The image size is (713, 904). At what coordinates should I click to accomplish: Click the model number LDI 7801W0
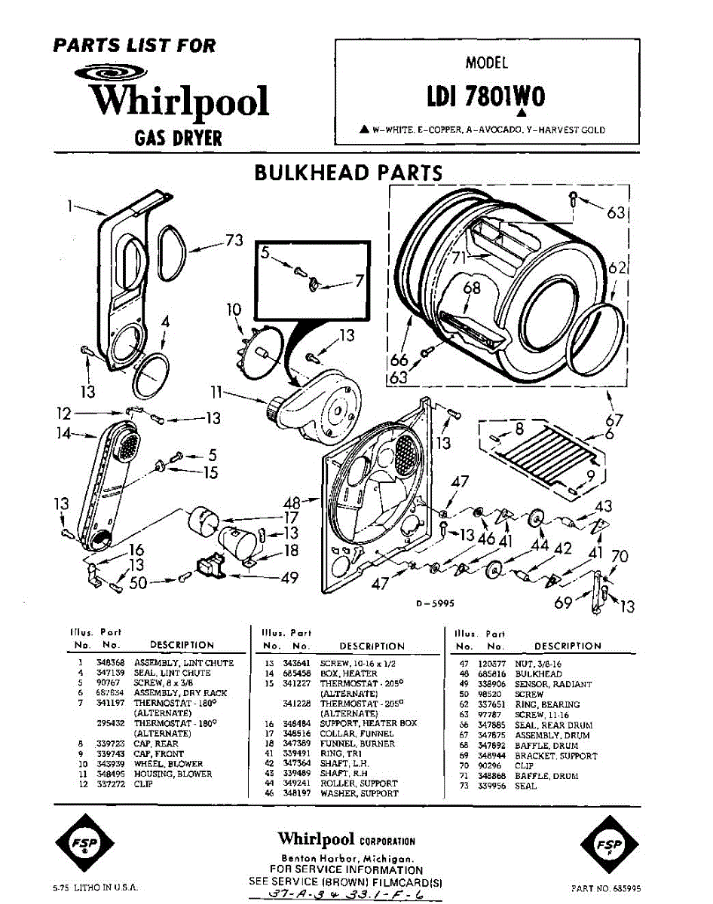486,99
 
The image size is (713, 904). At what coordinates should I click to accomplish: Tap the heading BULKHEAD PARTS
348,173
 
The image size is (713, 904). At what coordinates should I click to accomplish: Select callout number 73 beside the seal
235,241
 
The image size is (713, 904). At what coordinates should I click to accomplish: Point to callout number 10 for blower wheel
234,309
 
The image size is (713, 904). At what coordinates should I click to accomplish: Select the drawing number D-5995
432,603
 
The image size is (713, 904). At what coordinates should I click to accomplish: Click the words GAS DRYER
178,138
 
